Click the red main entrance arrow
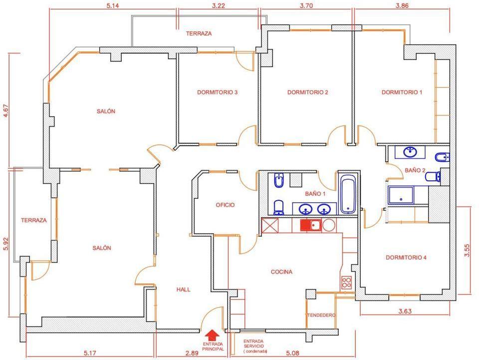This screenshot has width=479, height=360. click(x=212, y=335)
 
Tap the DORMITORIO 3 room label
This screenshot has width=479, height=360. click(x=217, y=92)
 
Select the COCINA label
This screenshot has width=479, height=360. click(x=281, y=272)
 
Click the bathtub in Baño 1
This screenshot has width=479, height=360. click(x=348, y=194)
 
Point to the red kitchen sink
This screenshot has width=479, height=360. click(x=310, y=226)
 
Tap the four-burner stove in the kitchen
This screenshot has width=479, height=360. click(x=346, y=282)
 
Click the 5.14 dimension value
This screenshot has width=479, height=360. click(x=113, y=6)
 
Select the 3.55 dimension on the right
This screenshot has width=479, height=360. click(x=467, y=250)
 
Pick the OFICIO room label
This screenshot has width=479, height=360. click(x=225, y=205)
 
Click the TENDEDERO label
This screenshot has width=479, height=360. click(x=321, y=315)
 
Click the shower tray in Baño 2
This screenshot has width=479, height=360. click(x=401, y=195)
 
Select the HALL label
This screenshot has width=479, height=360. click(x=183, y=290)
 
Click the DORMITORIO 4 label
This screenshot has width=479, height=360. click(x=406, y=258)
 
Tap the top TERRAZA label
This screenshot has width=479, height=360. click(x=199, y=33)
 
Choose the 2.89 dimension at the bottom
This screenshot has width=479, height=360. click(x=192, y=354)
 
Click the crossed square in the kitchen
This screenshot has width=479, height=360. click(x=270, y=226)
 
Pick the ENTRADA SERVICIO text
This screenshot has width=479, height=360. click(x=253, y=344)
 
